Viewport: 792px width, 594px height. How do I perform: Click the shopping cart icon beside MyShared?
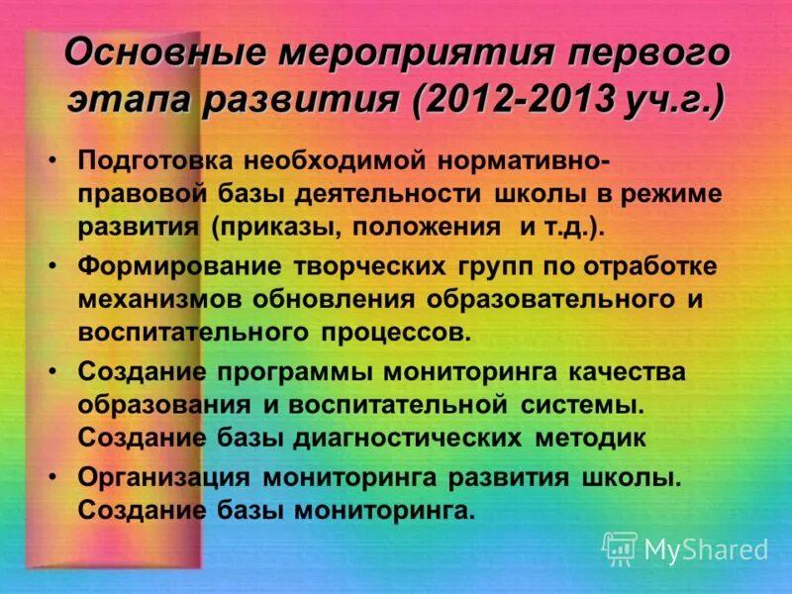pos(620,547)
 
